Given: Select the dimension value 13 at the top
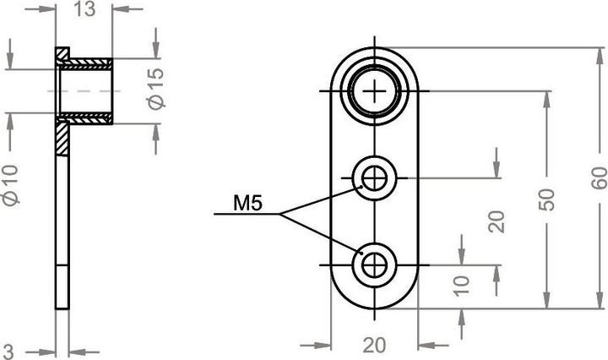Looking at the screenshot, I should pos(84,10).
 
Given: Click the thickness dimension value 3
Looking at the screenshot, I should pos(8,349).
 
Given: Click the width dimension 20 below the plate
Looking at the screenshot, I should pos(373,346).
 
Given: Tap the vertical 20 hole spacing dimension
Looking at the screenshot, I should pos(497,222).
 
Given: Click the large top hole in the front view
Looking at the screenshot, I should pos(374,90).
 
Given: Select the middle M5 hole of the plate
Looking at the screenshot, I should pos(374,177).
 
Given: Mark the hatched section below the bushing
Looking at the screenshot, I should pos(62,137).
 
